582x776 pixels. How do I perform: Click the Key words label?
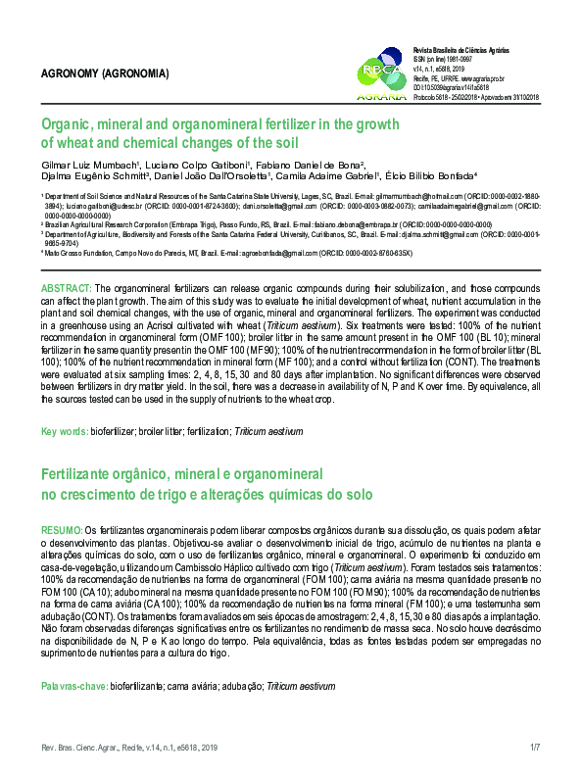click(63, 432)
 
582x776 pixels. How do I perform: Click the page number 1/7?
click(535, 748)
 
